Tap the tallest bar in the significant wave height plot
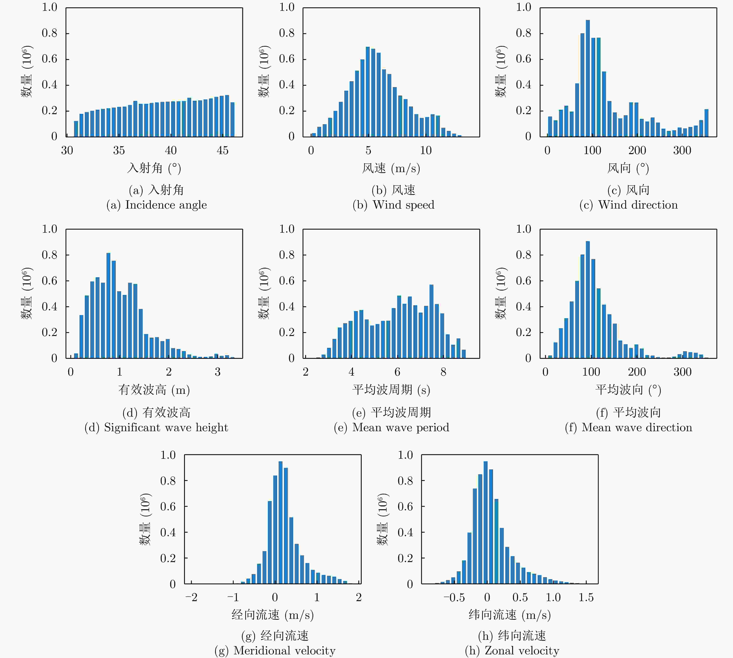coord(108,306)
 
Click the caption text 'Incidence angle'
coord(166,205)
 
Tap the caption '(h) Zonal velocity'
coord(512,650)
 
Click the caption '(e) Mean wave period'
coord(391,428)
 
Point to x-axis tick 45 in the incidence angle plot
coord(222,150)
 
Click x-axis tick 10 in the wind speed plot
coord(426,150)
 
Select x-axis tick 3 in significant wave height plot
coord(217,372)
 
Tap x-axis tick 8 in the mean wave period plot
coord(443,372)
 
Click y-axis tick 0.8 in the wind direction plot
coord(523,33)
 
